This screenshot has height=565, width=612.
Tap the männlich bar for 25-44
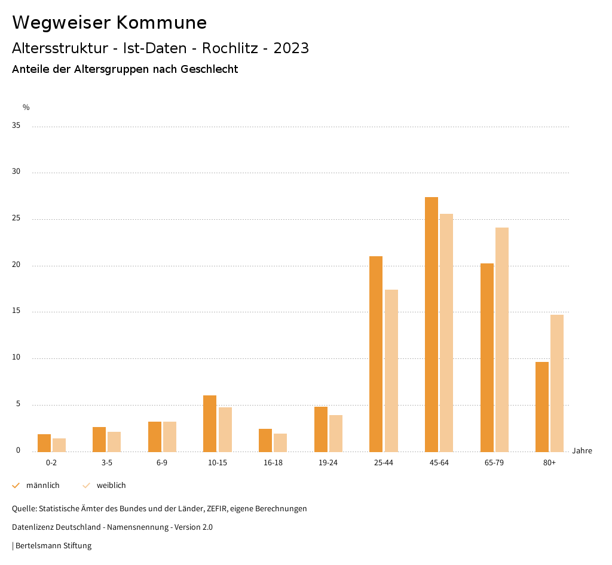point(376,354)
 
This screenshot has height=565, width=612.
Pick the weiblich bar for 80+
point(557,383)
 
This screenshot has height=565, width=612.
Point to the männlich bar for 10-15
point(210,423)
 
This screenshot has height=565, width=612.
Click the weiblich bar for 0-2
point(59,445)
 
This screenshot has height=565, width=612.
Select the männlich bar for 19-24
point(321,429)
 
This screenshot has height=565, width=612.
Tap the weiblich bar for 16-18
point(280,443)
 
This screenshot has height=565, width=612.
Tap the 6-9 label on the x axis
point(162,463)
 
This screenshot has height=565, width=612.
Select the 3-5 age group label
point(107,463)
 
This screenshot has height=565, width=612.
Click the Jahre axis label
point(582,450)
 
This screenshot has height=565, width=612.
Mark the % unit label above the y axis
point(26,108)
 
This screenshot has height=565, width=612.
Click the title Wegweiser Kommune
point(109,23)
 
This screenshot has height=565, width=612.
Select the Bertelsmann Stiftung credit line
point(53,545)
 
